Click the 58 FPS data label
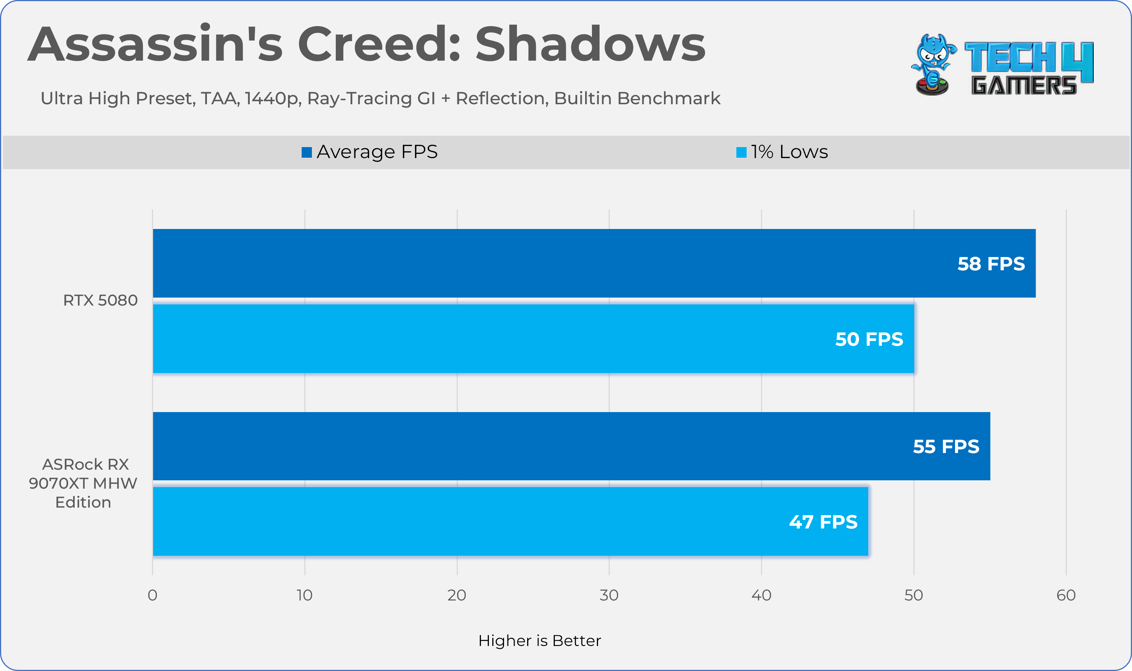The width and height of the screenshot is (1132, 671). pos(991,263)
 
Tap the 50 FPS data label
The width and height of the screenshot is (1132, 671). pos(869,339)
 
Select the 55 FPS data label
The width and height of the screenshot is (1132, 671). pos(946,446)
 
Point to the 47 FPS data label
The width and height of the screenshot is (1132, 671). pos(823,522)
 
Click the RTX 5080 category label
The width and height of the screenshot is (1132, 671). pos(100,300)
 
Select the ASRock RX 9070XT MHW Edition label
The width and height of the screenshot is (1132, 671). pos(83,483)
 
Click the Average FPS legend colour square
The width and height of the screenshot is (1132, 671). pos(307,152)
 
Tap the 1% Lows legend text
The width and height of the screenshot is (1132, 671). pos(789,152)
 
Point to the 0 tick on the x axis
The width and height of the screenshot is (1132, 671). pos(153,595)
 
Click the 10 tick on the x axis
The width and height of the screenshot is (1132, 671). pos(305,595)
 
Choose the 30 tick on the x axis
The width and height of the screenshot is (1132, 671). pos(609,595)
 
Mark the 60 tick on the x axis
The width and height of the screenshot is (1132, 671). pos(1066,595)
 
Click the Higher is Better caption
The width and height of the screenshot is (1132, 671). pos(540,641)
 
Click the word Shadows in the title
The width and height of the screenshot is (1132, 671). pos(590,44)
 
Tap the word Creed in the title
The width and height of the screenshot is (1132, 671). pos(379,44)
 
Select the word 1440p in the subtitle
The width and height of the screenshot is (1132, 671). pos(273,99)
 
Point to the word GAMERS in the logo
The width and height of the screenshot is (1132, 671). pos(1024,85)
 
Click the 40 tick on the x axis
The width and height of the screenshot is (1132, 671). pos(761,595)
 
